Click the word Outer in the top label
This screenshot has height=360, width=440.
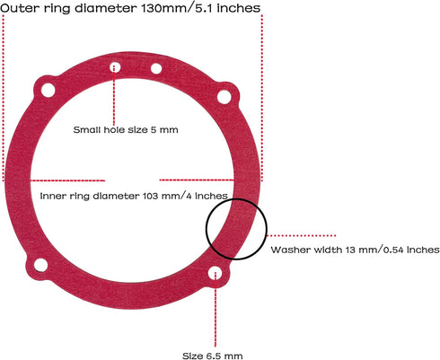pyautogui.click(x=20, y=8)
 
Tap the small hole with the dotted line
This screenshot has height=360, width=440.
pyautogui.click(x=115, y=67)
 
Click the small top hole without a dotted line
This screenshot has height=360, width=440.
pyautogui.click(x=156, y=68)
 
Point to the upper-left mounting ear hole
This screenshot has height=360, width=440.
pyautogui.click(x=48, y=90)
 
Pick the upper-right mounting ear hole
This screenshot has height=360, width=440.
pyautogui.click(x=224, y=97)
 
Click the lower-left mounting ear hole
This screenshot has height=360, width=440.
pyautogui.click(x=40, y=265)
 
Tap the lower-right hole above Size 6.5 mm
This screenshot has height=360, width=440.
pyautogui.click(x=215, y=274)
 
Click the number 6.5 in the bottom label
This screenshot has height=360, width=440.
pyautogui.click(x=213, y=356)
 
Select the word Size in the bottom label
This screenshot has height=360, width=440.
pyautogui.click(x=193, y=356)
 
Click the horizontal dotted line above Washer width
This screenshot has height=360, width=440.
pyautogui.click(x=302, y=235)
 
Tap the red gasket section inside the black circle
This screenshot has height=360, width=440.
pyautogui.click(x=236, y=227)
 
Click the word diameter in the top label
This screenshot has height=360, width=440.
pyautogui.click(x=106, y=8)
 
